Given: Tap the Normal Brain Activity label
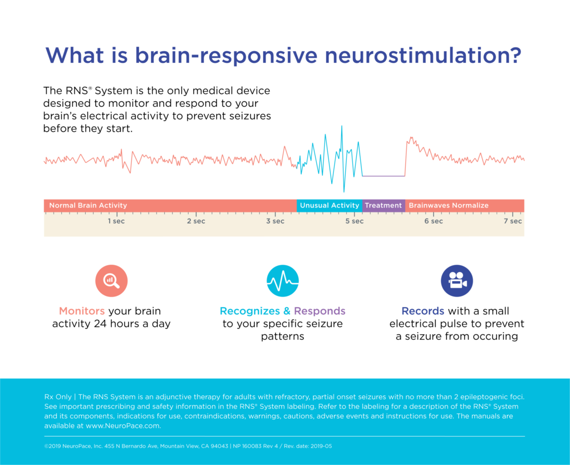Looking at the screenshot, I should pyautogui.click(x=88, y=205).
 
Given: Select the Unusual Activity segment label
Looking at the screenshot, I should pyautogui.click(x=330, y=205).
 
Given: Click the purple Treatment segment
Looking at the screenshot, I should pyautogui.click(x=383, y=205).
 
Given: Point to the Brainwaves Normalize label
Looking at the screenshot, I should pyautogui.click(x=449, y=205).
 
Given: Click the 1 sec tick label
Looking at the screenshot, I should pyautogui.click(x=116, y=221).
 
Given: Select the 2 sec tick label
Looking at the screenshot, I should pyautogui.click(x=195, y=221).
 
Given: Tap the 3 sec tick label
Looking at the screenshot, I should pyautogui.click(x=275, y=221).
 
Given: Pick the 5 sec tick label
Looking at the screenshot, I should pyautogui.click(x=354, y=221).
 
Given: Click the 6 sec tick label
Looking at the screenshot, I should pyautogui.click(x=434, y=221).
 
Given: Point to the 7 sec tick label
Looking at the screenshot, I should pyautogui.click(x=513, y=221).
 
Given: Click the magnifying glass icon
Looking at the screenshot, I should pyautogui.click(x=111, y=281).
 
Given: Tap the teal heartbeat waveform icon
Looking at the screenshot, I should pyautogui.click(x=283, y=281).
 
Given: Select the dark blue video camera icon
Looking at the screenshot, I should pyautogui.click(x=457, y=281).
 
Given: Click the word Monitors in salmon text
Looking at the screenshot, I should pyautogui.click(x=82, y=311).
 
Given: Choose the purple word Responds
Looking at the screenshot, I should pyautogui.click(x=320, y=311).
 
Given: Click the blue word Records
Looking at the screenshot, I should pyautogui.click(x=422, y=311).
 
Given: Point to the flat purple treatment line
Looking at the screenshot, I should pyautogui.click(x=383, y=176).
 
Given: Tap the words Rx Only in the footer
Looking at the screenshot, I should pyautogui.click(x=58, y=397).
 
